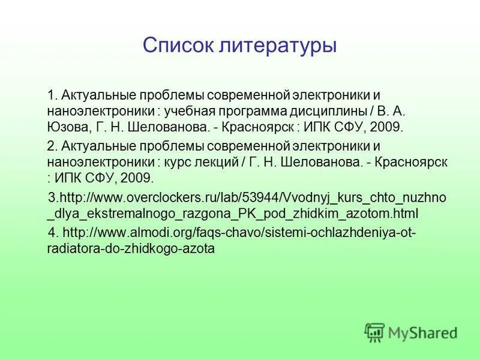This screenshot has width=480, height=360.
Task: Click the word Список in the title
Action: pos(174,46)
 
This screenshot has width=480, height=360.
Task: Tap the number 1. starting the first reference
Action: pos(52,95)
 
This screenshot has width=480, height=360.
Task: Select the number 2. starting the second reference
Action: pos(52,146)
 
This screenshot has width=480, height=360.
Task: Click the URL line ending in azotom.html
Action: pos(232,214)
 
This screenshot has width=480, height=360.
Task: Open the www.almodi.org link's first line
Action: pos(239,232)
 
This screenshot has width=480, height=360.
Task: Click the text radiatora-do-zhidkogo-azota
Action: pos(130,248)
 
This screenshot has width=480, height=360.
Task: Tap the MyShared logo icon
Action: pos(374,332)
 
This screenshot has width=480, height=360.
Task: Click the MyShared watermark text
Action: pos(422,332)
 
